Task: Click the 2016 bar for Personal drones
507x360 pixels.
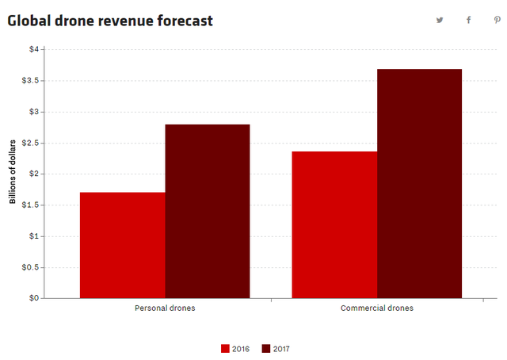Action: [x=123, y=245]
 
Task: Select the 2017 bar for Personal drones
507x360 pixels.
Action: [x=208, y=211]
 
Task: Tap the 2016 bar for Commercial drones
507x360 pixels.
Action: [x=334, y=224]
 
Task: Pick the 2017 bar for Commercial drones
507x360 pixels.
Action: [x=419, y=183]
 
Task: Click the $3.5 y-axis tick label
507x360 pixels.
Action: [x=29, y=80]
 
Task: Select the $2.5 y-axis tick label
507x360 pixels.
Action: [x=29, y=143]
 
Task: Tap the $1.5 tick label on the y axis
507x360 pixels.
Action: [x=29, y=205]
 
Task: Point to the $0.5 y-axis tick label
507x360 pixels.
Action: [x=29, y=267]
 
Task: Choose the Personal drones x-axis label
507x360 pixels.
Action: [x=165, y=308]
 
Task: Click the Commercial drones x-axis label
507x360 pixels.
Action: [x=377, y=308]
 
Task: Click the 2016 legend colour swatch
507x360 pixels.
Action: [x=226, y=348]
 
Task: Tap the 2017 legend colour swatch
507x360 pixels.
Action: [x=266, y=348]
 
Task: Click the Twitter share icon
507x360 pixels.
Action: [x=440, y=21]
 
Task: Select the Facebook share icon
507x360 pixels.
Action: [x=468, y=21]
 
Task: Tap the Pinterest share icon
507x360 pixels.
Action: [x=497, y=21]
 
